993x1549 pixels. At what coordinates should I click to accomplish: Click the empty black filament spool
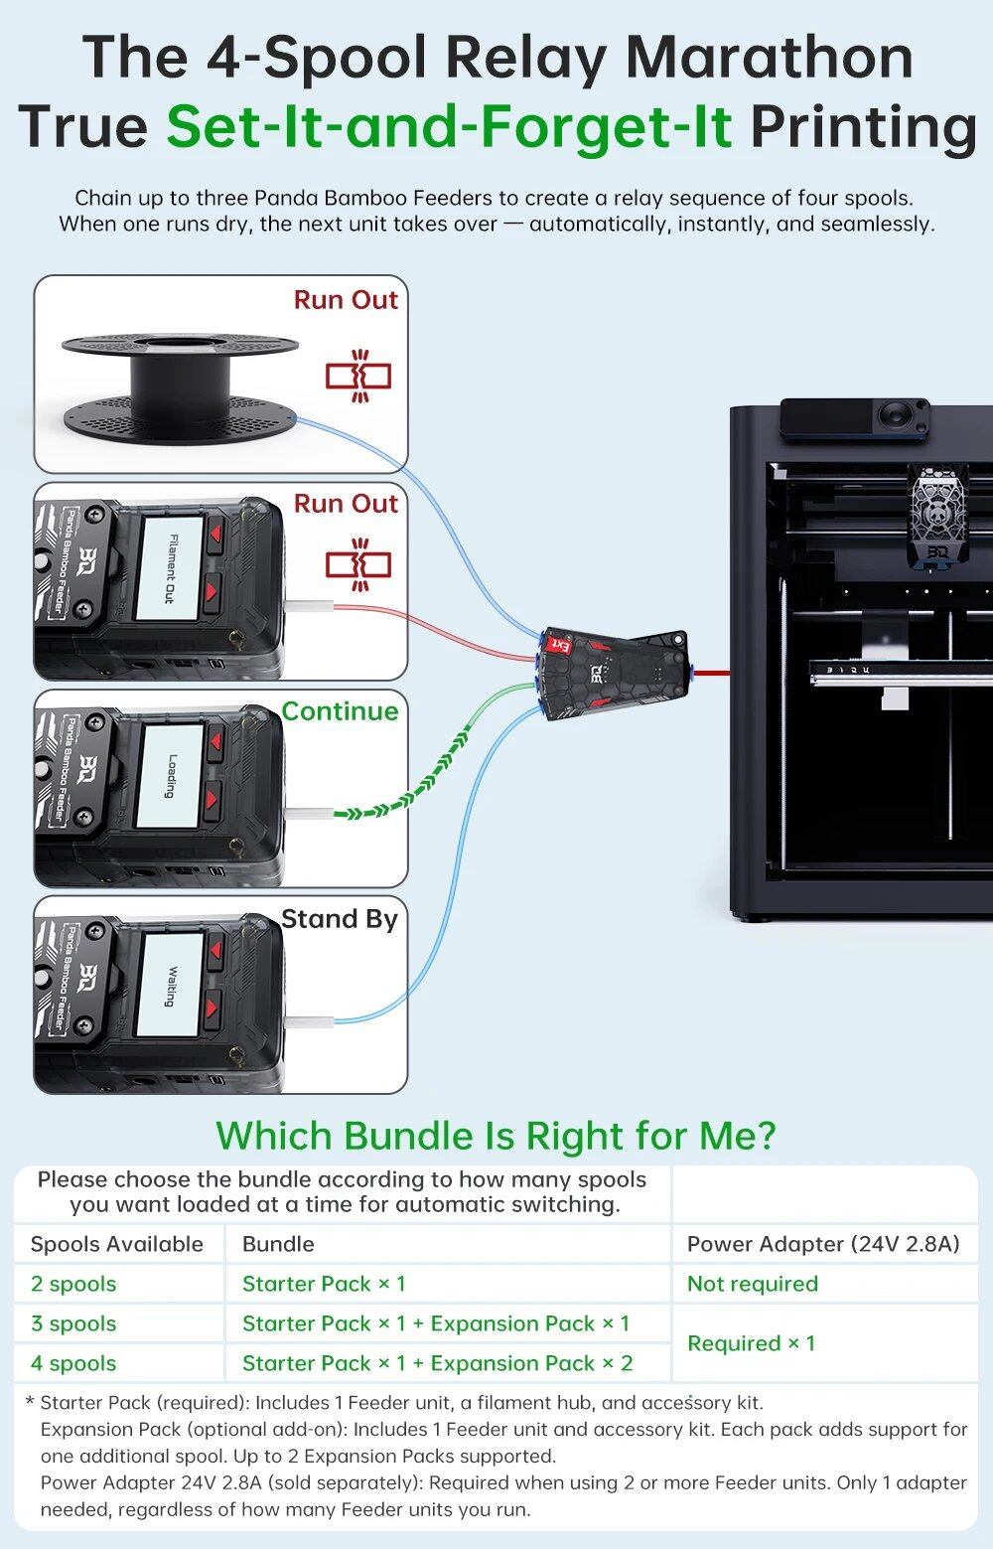point(180,383)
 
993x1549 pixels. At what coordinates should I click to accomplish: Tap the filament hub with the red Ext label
point(614,672)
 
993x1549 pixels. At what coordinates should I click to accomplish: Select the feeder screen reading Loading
point(171,775)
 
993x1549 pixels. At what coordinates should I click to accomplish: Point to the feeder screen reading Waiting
point(171,984)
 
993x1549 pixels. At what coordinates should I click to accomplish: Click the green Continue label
point(340,711)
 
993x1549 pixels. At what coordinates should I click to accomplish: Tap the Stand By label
point(339,919)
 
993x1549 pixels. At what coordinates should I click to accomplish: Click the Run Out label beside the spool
point(346,300)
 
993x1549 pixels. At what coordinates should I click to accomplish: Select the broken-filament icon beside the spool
point(358,376)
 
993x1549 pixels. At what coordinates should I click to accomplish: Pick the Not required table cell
point(752,1284)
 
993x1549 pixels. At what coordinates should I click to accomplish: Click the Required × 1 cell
point(751,1343)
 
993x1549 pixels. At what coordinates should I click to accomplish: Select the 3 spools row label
point(73,1323)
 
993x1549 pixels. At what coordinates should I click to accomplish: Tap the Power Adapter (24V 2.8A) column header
point(823,1244)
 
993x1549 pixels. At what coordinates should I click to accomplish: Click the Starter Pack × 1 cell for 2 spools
point(324,1284)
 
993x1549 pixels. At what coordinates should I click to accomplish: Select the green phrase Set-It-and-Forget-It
point(449,126)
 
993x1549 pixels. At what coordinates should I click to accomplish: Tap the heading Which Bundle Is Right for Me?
point(496,1135)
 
